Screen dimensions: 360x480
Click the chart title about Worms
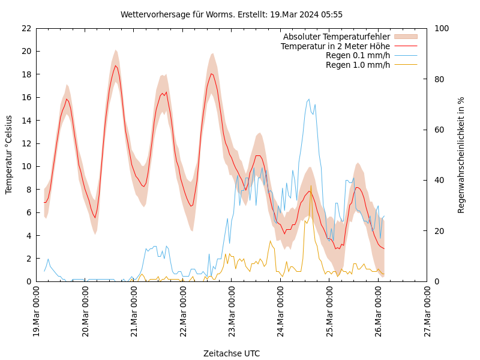point(232,14)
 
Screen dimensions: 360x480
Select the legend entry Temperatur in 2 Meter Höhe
point(335,46)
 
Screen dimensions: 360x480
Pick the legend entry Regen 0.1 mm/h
point(358,55)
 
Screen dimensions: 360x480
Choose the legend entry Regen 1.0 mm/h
point(358,64)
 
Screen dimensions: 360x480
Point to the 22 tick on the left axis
point(26,28)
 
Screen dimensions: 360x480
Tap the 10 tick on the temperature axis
point(26,166)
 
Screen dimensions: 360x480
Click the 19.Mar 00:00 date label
point(37,314)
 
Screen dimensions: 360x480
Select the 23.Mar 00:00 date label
point(232,314)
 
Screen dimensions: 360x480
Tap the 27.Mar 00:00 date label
point(428,314)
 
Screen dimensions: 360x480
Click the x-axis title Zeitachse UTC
point(232,353)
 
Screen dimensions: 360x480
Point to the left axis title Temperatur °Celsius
point(9,155)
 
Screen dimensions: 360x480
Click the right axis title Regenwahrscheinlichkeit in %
point(461,155)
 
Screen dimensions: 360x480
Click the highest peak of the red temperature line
point(116,65)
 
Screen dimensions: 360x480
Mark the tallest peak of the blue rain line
point(309,99)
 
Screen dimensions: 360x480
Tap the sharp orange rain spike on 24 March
point(310,185)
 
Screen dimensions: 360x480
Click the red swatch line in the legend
point(405,46)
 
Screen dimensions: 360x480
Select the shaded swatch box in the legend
point(405,37)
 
